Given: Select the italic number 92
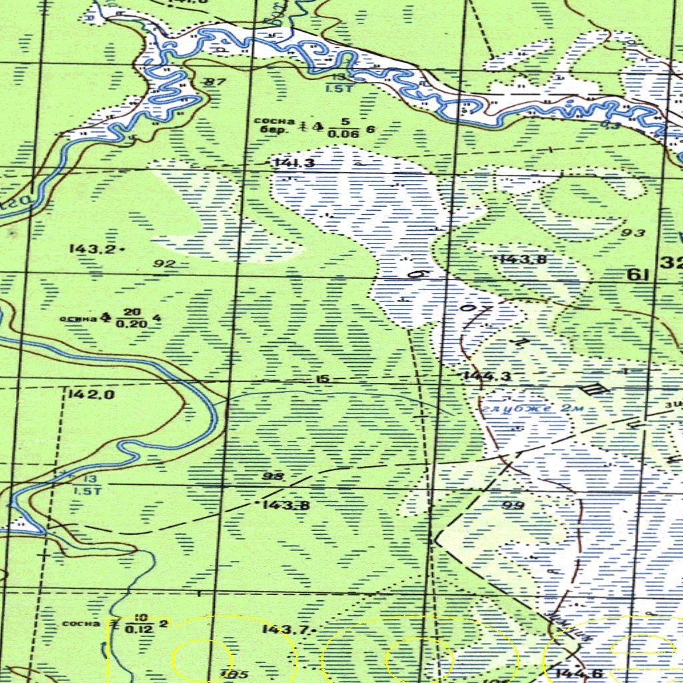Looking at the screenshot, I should pos(164,263).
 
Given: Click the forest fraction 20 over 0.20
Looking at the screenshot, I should pos(127,318).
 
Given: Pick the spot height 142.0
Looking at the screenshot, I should pos(91,394).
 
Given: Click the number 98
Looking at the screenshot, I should pos(273,476).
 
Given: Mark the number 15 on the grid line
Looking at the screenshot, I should pos(322,380).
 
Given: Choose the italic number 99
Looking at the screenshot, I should pos(513,506).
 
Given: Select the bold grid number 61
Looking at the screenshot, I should pos(638,274).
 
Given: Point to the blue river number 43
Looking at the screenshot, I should pos(610,125).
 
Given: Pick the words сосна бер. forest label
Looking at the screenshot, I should pos(274,125).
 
